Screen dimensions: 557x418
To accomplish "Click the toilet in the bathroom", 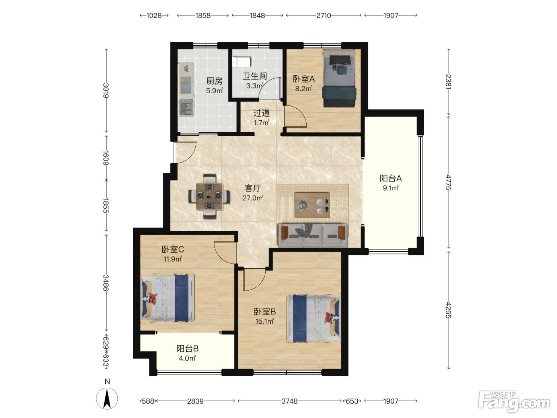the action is [241, 62].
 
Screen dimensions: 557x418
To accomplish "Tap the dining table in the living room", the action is [209, 196].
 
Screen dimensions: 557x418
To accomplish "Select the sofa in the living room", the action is [313, 235].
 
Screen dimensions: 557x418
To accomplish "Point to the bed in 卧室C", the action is [167, 298].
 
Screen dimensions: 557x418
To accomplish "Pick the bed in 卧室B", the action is [314, 318].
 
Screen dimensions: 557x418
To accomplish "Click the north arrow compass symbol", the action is [107, 399].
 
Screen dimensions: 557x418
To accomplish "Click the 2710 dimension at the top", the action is [323, 16].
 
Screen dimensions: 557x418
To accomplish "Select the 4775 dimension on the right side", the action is [449, 182].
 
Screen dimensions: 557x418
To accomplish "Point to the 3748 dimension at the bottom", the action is [290, 401].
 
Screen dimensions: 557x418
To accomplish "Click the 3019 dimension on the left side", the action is [106, 91].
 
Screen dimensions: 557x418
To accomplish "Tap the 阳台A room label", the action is [391, 178].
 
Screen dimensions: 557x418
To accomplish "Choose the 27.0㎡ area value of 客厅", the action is [253, 198].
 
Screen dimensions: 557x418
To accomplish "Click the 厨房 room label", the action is [214, 81].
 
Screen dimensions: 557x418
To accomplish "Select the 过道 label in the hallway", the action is [261, 113].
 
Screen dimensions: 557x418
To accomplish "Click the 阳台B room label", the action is [187, 348].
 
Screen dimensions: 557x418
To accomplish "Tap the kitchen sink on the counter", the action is [187, 107].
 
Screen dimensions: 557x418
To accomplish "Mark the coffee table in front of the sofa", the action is [312, 205].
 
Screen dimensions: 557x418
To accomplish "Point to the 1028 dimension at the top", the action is [154, 16].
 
